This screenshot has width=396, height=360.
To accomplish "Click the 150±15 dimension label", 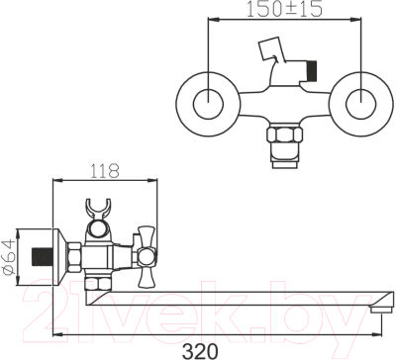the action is [x=284, y=10].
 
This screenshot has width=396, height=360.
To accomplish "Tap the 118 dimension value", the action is [x=105, y=171].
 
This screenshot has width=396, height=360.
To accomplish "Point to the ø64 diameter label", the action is [x=9, y=256].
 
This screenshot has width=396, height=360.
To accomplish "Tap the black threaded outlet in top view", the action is [x=312, y=70].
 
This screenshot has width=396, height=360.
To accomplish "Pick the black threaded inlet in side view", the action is [x=43, y=256].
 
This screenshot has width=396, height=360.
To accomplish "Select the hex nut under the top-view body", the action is [x=285, y=135].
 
